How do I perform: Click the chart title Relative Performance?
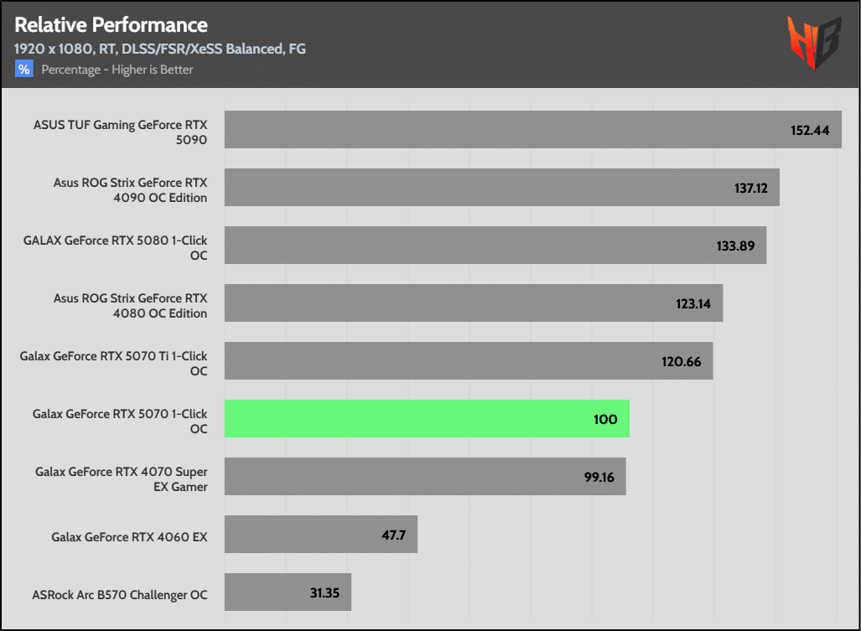(111, 24)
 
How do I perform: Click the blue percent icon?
(23, 70)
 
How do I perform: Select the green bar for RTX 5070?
(427, 419)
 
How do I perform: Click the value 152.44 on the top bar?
(810, 131)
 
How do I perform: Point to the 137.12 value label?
(751, 189)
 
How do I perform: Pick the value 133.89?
(738, 246)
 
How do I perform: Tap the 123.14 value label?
(693, 304)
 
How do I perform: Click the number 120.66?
(683, 362)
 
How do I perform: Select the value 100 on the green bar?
(605, 419)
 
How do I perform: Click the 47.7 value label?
(393, 535)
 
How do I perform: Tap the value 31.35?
(324, 592)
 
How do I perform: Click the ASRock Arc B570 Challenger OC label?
(119, 595)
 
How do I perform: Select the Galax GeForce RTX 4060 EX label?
(129, 537)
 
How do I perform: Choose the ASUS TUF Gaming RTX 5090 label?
(120, 132)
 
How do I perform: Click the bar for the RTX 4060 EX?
(321, 535)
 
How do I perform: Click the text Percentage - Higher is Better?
(117, 70)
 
